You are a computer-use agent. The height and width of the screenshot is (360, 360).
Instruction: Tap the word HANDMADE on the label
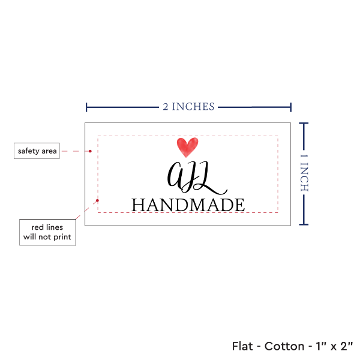pyautogui.click(x=188, y=205)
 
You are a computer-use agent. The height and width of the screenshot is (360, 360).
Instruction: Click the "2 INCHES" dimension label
pyautogui.click(x=188, y=107)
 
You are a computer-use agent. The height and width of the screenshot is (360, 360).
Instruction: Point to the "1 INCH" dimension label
pyautogui.click(x=304, y=173)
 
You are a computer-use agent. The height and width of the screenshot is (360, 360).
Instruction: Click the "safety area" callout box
pyautogui.click(x=37, y=151)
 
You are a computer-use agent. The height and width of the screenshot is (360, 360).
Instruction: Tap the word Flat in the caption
pyautogui.click(x=244, y=346)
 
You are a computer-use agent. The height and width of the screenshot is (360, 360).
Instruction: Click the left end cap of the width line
pyautogui.click(x=87, y=107)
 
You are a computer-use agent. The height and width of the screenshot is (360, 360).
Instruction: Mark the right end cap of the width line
pyautogui.click(x=291, y=107)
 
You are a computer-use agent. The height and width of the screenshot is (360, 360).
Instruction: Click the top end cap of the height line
pyautogui.click(x=304, y=123)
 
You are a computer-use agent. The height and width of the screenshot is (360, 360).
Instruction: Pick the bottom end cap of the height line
pyautogui.click(x=304, y=225)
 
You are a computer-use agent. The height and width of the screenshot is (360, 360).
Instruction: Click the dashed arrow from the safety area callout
pyautogui.click(x=77, y=151)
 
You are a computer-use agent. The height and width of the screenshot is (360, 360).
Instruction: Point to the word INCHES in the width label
pyautogui.click(x=193, y=107)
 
